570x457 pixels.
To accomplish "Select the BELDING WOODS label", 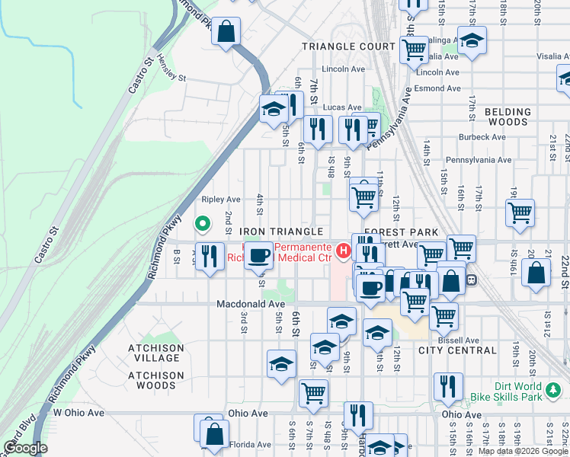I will pos(508,117).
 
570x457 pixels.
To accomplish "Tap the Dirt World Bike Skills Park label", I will pos(520,391).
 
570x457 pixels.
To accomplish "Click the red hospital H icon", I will pos(344,249).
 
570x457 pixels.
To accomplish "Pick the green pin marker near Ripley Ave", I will pos(203,224).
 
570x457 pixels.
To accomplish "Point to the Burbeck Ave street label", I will pos(482,137).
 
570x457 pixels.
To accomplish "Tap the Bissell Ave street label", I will pos(461,340).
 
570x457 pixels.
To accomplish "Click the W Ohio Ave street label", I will pos(78,413).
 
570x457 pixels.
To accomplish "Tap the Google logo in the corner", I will pos(25,448).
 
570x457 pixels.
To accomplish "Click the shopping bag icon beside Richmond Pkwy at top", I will pos(226,32).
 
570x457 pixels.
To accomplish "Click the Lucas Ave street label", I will pos(341,107).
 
